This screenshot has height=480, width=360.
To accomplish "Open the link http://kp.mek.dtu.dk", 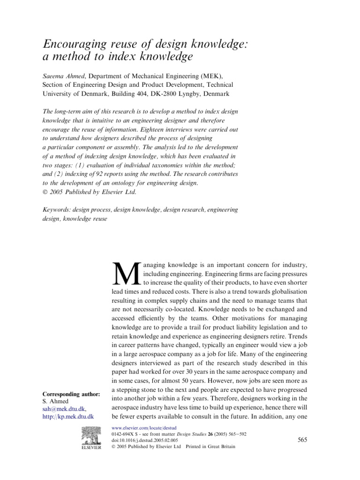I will [x=68, y=416].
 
